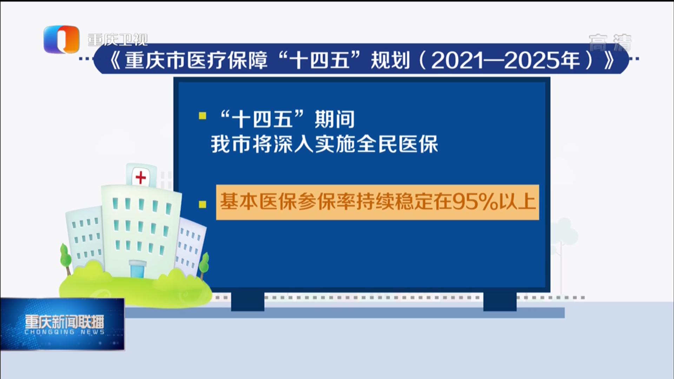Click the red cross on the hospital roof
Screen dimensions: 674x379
[x=141, y=178]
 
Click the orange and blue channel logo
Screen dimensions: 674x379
[x=61, y=39]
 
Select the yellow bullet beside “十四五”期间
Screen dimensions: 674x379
[x=203, y=116]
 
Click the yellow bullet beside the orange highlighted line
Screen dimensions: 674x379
[x=203, y=204]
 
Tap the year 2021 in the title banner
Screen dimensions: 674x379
[x=456, y=61]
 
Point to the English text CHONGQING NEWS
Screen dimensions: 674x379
[x=64, y=332]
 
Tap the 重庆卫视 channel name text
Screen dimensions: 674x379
[x=118, y=40]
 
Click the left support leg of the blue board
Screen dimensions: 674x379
[x=247, y=301]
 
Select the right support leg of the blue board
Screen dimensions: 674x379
[x=500, y=301]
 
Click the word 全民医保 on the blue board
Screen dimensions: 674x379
[x=397, y=144]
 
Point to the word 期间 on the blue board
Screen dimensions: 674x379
[x=335, y=119]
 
